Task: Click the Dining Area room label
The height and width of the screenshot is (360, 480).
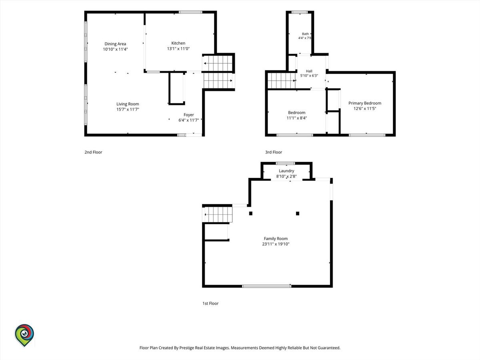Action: (115, 44)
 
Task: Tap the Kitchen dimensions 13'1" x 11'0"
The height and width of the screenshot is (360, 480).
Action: (178, 49)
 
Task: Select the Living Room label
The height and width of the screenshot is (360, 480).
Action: (128, 104)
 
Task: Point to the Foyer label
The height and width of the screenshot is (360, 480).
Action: (189, 115)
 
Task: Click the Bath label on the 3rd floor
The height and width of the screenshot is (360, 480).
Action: (305, 34)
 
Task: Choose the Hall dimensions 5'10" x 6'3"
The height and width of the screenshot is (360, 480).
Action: (309, 76)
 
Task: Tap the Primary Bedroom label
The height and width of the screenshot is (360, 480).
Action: (365, 103)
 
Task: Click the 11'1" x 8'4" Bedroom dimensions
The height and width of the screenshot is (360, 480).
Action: (297, 118)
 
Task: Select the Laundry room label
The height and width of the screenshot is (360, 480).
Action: (286, 171)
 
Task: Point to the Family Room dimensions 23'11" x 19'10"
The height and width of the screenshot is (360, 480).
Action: (276, 244)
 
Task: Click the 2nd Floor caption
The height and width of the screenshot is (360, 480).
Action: (93, 152)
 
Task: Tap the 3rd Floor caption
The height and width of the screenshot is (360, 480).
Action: (274, 152)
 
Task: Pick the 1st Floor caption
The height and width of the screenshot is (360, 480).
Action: (210, 303)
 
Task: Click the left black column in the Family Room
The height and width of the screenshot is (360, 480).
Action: (251, 213)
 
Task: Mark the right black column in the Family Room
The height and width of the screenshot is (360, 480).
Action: (298, 213)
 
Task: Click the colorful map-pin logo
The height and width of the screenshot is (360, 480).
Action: (24, 335)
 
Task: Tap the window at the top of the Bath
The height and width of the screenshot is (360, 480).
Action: (300, 12)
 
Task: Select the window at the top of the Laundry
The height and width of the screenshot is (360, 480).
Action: (285, 163)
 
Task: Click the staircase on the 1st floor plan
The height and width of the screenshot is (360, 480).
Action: (217, 214)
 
